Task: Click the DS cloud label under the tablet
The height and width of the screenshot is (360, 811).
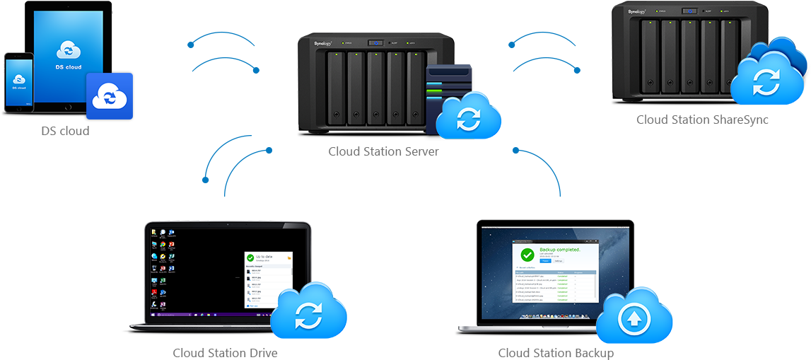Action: pyautogui.click(x=65, y=131)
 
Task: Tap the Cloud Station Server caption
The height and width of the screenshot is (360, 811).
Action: pyautogui.click(x=384, y=151)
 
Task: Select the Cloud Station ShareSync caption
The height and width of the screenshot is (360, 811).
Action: pyautogui.click(x=702, y=120)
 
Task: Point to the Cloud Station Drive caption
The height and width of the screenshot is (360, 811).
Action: pyautogui.click(x=226, y=352)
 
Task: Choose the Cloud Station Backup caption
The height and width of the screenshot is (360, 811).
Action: pyautogui.click(x=556, y=352)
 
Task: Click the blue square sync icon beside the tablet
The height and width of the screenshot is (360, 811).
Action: pyautogui.click(x=110, y=95)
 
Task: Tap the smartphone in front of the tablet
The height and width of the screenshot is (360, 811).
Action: pyautogui.click(x=19, y=81)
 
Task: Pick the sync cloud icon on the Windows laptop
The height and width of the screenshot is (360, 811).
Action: pyautogui.click(x=308, y=313)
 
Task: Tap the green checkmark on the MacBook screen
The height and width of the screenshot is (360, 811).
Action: pyautogui.click(x=527, y=255)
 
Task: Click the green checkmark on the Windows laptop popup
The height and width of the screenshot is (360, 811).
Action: pyautogui.click(x=250, y=259)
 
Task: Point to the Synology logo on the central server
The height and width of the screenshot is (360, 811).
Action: pyautogui.click(x=323, y=44)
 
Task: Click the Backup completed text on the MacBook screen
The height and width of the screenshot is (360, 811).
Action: pyautogui.click(x=559, y=250)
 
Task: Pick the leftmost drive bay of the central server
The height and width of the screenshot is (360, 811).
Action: pyautogui.click(x=336, y=88)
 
